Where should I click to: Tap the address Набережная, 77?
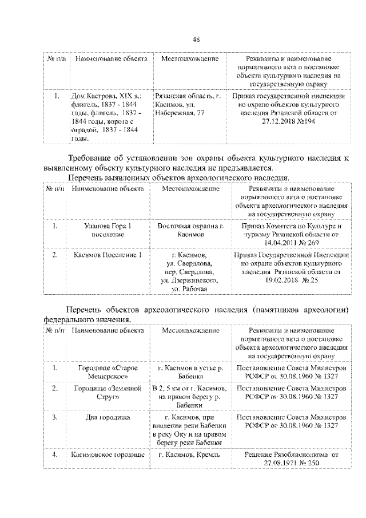(x=179, y=113)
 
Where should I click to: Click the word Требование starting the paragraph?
(x=94, y=158)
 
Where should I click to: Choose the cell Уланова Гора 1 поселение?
(x=107, y=230)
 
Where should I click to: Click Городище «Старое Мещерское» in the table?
(x=107, y=372)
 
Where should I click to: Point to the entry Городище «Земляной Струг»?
(x=107, y=393)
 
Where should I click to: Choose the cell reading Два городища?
(x=107, y=417)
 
